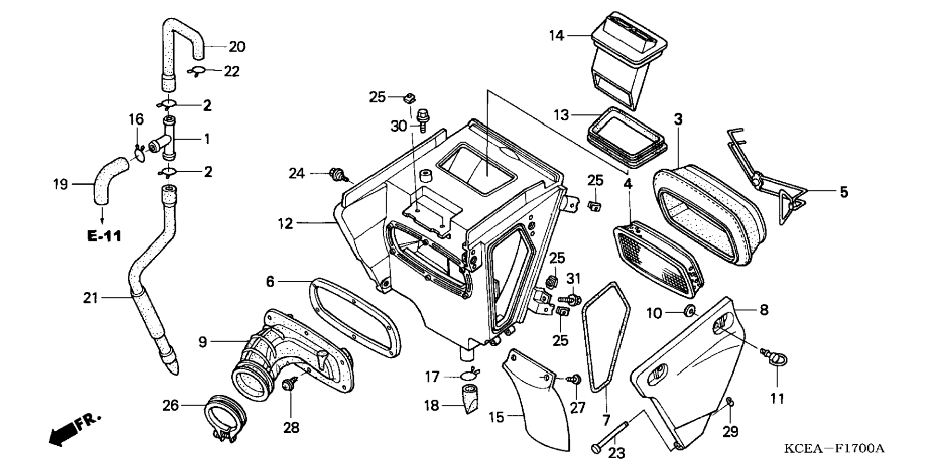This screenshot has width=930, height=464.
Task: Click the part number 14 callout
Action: tap(556, 36)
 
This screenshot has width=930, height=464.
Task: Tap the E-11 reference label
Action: tap(104, 236)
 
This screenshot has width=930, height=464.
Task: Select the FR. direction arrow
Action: tap(75, 428)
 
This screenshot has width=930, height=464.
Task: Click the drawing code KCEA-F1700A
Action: tap(834, 449)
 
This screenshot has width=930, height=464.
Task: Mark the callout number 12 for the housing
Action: tap(285, 223)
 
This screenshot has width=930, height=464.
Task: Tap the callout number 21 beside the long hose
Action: tap(90, 298)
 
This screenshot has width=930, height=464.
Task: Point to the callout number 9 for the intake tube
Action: tap(202, 342)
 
